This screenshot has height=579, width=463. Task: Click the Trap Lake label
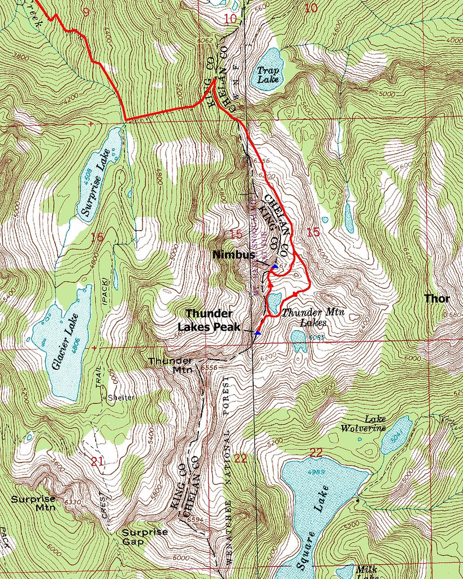267,75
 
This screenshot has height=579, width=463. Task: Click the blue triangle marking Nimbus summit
275,266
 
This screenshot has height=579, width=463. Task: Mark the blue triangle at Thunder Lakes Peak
258,333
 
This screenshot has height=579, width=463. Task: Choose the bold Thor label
437,299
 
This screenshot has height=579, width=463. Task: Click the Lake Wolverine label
363,424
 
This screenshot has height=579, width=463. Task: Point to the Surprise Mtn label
33,503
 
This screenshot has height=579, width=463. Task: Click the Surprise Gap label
145,537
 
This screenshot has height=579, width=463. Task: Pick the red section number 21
97,462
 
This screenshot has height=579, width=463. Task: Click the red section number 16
97,237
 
